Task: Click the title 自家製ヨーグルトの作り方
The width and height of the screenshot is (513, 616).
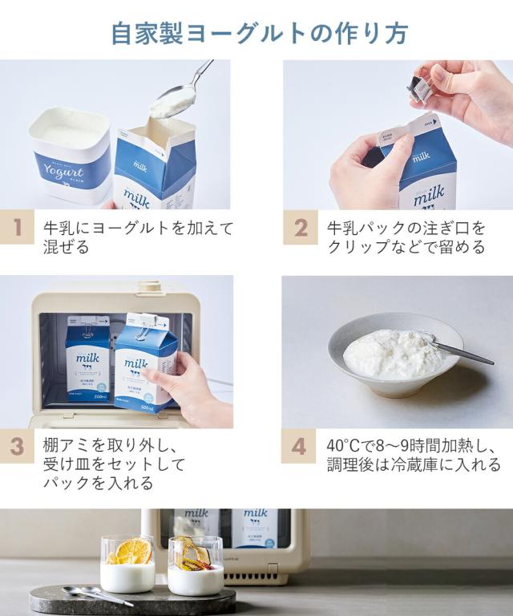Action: click(x=260, y=34)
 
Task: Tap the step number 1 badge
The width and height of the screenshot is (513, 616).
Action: click(x=17, y=227)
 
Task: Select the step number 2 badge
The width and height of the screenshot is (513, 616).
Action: click(x=301, y=227)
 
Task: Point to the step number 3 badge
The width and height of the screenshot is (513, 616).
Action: click(x=17, y=446)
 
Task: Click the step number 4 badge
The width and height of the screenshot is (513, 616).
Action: click(x=298, y=446)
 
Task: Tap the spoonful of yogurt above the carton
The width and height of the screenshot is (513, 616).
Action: click(x=172, y=103)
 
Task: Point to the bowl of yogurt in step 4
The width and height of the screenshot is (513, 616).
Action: click(x=394, y=355)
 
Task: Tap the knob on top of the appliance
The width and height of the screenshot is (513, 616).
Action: click(x=148, y=287)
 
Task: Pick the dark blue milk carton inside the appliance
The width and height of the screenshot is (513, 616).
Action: click(x=87, y=358)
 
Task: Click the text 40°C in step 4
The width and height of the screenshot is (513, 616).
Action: click(x=342, y=446)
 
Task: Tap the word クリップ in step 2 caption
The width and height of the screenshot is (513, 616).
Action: click(x=358, y=247)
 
